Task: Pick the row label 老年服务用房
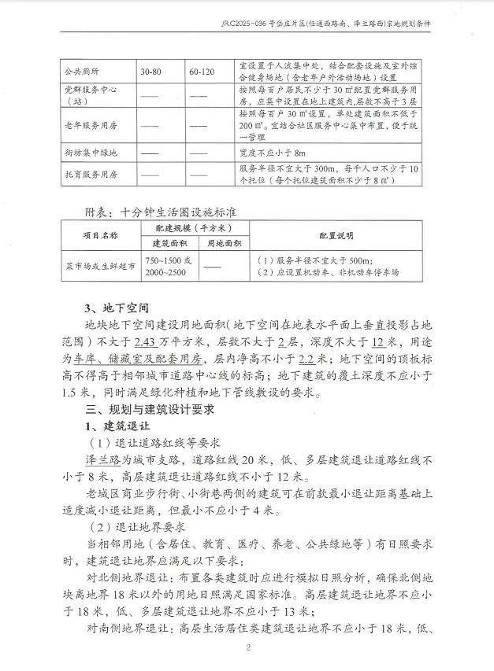click(91, 124)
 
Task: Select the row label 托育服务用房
click(91, 173)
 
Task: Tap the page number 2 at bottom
click(247, 647)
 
